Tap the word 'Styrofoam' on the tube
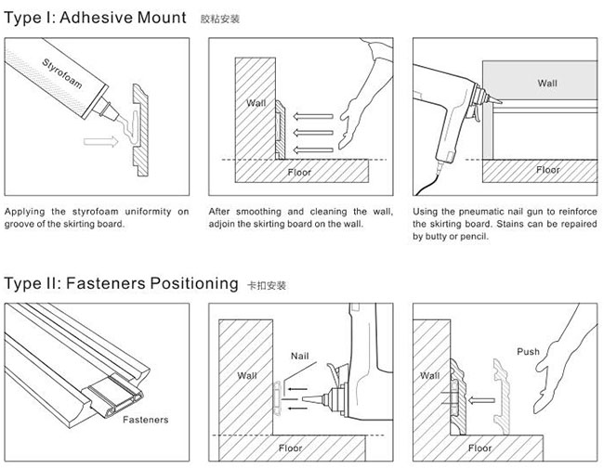click(63, 78)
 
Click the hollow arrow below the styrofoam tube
click(97, 142)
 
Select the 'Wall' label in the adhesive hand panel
click(256, 103)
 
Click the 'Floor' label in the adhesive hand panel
click(299, 173)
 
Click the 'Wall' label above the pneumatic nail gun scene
click(547, 84)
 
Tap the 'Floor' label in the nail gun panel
click(548, 171)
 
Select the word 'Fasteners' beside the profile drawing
click(146, 419)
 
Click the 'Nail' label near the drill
click(299, 356)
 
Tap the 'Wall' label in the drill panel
click(247, 376)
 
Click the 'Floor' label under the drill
click(290, 448)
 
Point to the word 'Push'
click(528, 352)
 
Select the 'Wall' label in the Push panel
click(429, 376)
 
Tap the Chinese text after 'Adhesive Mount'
click(220, 18)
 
